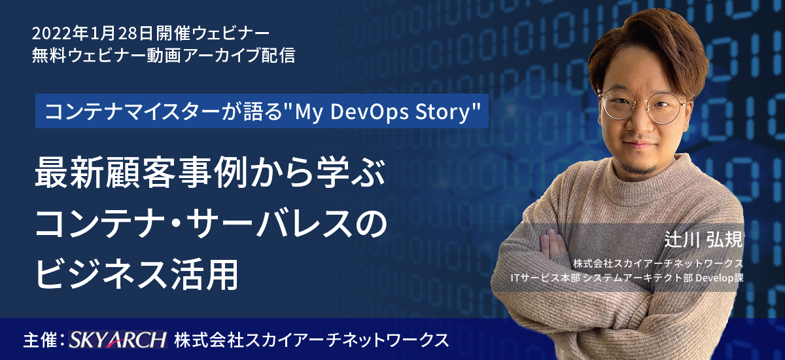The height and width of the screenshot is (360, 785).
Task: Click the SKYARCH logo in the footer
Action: (117, 339)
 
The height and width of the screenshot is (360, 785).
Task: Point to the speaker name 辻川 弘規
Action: (704, 240)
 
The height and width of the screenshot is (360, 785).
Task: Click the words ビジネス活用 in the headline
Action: (137, 274)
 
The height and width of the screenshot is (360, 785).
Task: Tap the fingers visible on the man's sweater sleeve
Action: (553, 243)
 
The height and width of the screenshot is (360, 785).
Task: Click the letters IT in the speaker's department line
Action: (514, 278)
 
